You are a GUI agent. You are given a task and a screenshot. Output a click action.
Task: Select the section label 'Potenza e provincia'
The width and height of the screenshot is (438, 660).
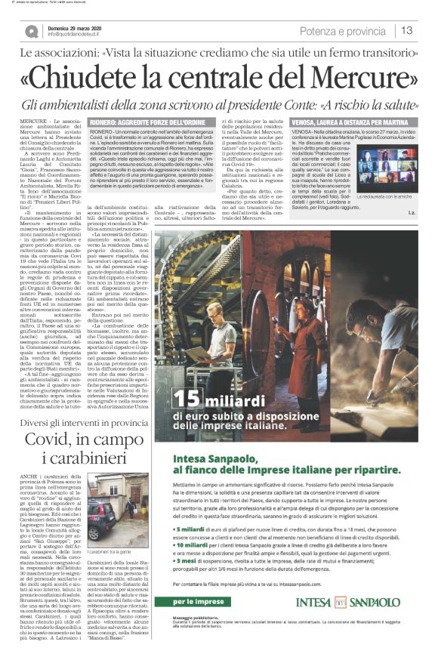(344, 30)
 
